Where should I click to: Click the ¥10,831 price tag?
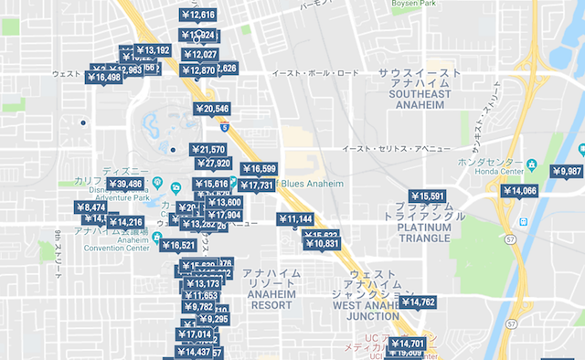(321, 244)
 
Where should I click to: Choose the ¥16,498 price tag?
(103, 78)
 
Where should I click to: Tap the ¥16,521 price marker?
(177, 245)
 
